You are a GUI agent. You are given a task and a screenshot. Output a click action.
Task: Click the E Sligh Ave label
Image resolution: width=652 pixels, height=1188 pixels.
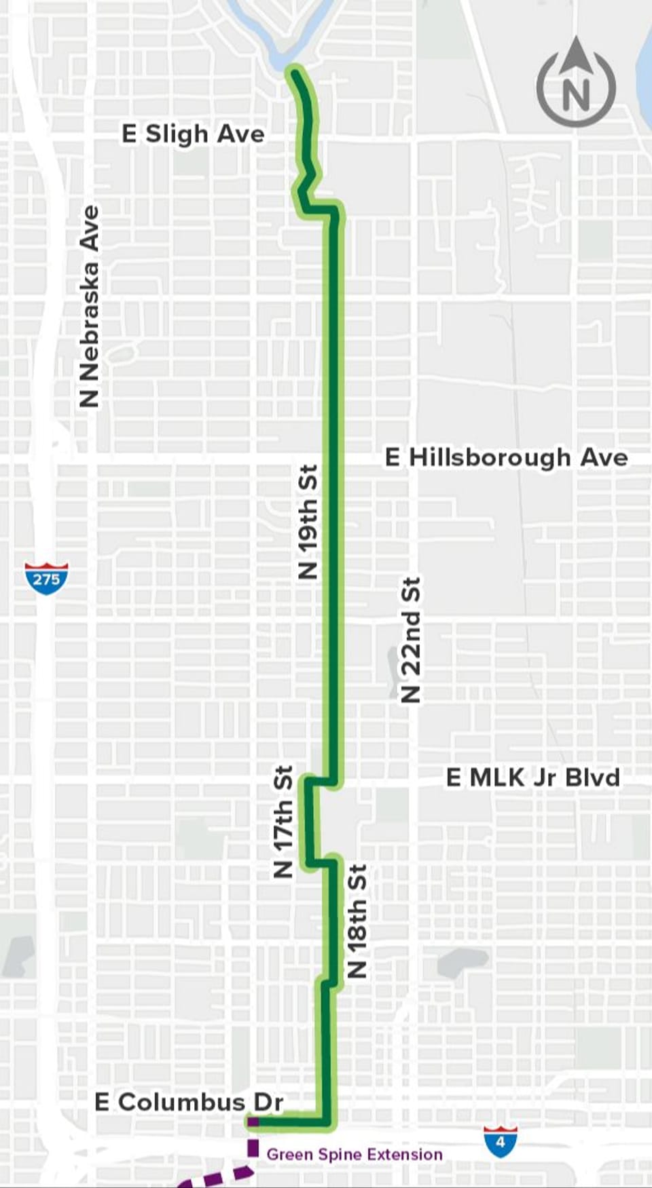click(x=193, y=134)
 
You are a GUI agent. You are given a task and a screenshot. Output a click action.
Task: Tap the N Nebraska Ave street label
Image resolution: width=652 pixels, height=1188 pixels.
click(x=89, y=307)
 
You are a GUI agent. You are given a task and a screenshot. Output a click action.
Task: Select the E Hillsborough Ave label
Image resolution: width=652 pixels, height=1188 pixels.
click(x=506, y=457)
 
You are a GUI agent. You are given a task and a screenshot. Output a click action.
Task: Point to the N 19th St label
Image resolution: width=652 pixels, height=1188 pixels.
click(x=308, y=522)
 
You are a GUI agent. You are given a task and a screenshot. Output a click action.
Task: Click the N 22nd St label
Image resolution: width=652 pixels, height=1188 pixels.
click(x=411, y=640)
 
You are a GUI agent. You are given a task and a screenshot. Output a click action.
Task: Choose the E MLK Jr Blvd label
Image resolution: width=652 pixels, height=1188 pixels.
click(x=533, y=778)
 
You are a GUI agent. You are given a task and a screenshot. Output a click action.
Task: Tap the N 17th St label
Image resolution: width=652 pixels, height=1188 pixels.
click(x=283, y=822)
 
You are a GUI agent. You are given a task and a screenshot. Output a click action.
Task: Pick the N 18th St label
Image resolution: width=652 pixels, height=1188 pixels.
click(x=357, y=921)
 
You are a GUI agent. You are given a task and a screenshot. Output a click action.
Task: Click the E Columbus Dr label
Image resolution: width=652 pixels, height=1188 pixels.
click(x=188, y=1102)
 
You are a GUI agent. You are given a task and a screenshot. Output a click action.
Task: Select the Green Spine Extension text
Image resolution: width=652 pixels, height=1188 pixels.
click(x=355, y=1154)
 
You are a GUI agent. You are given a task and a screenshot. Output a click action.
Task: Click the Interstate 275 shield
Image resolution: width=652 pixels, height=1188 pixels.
click(x=46, y=578)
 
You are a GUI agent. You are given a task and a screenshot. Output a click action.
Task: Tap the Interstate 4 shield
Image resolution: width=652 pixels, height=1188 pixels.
click(x=501, y=1141)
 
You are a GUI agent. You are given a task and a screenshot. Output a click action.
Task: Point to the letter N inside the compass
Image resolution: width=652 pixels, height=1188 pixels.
click(x=576, y=95)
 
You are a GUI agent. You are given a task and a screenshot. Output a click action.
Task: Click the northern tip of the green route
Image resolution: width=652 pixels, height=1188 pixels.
click(x=295, y=72)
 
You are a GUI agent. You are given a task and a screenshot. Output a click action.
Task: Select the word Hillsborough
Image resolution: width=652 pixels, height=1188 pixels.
click(x=490, y=458)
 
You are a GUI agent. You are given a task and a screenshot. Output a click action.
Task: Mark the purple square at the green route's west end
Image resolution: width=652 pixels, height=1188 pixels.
click(x=252, y=1122)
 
